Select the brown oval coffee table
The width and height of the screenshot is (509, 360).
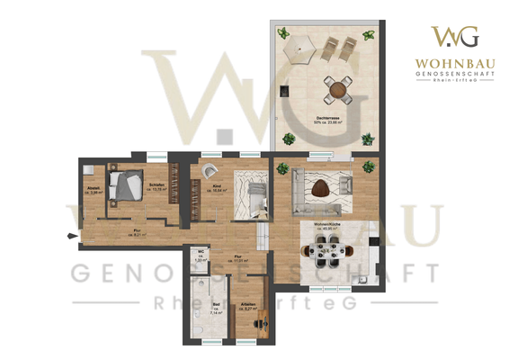coord(322,187)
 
